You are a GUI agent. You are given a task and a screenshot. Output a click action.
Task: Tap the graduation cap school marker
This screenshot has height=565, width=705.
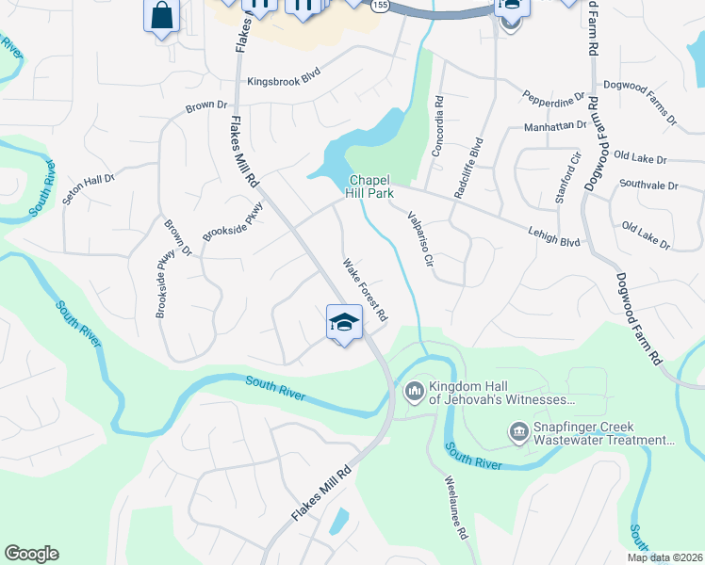(x=344, y=322)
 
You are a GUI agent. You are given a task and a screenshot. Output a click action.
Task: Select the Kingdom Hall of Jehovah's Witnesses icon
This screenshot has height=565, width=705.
(x=413, y=390)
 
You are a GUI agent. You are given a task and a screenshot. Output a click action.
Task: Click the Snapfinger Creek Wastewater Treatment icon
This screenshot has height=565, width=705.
(x=517, y=432)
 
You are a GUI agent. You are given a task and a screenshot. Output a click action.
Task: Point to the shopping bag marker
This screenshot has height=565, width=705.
(x=161, y=15)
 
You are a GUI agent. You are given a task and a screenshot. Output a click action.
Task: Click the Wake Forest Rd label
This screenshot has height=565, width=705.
(x=366, y=288)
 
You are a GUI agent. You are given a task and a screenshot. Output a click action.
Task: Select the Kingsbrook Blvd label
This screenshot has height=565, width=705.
(x=284, y=82)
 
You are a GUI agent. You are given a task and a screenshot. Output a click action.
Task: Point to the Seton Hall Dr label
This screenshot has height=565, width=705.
(x=88, y=184)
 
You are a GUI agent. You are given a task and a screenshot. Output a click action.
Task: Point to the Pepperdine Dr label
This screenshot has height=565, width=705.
(x=554, y=95)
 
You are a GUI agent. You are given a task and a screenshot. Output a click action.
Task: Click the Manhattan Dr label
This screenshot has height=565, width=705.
(x=555, y=124)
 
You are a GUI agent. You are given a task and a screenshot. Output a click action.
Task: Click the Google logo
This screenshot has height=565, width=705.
(x=31, y=554)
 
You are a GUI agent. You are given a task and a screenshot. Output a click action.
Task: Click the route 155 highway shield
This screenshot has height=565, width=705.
(x=378, y=6)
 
